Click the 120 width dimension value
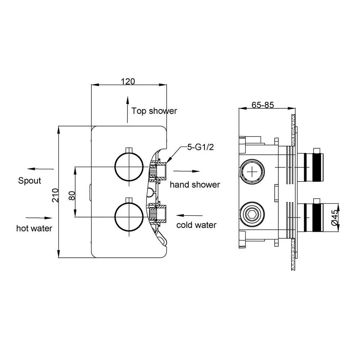pos(128,81)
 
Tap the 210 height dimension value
pos(55,195)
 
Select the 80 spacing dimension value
pos(72,195)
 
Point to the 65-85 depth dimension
pos(263,105)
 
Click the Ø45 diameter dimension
pos(335,217)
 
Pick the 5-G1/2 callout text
pos(201,147)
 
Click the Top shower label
pos(154,111)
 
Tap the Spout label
pos(30,181)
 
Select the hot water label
pos(34,228)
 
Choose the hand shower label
pos(195,185)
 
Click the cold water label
pos(196,225)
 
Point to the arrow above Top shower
pos(127,110)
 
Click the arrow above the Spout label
pos(40,169)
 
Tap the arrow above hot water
pos(39,218)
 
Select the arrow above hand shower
pos(186,171)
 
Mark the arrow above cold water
pos(189,215)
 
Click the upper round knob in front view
pos(129,152)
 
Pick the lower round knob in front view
pos(129,202)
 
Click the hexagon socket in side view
pos(252,214)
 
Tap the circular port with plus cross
pos(252,159)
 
